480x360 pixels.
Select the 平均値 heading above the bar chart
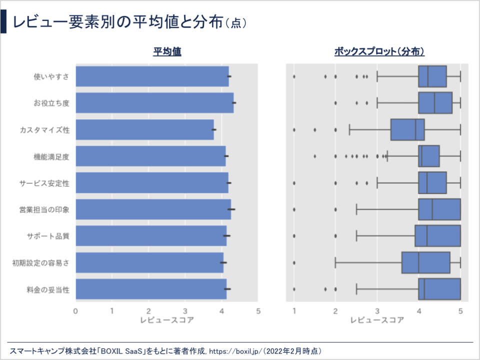point(166,51)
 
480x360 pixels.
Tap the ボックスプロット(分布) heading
point(379,51)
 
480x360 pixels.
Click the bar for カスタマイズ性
point(144,129)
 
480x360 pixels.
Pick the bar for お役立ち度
point(154,102)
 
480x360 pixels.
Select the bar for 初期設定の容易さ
point(149,262)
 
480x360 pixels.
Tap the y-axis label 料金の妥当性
point(47,289)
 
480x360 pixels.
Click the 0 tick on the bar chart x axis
point(75,311)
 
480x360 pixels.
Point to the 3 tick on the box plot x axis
point(377,311)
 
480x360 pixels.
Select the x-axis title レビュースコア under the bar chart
point(166,320)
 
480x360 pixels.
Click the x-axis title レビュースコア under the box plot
point(377,320)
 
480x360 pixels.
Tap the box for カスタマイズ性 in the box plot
point(407,129)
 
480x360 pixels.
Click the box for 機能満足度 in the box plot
point(429,156)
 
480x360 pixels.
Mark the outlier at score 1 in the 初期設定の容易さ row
point(294,262)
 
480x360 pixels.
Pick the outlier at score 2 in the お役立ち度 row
point(335,103)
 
